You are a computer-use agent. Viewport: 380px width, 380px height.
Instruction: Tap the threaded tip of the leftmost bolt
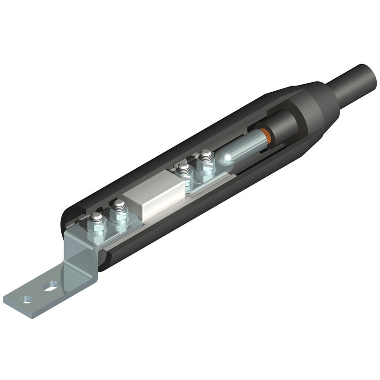coord(97,218)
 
